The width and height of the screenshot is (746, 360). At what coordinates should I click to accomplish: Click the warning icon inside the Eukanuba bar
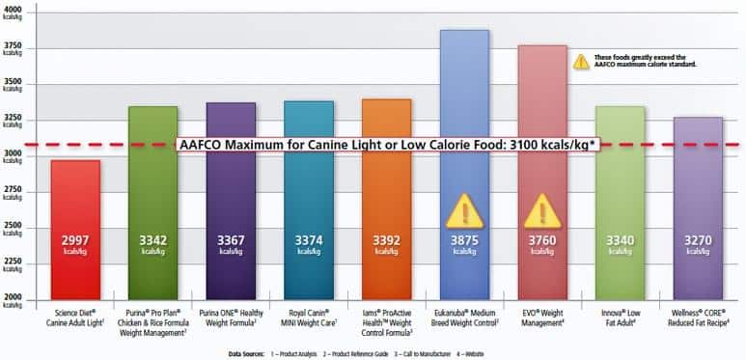tap(464, 210)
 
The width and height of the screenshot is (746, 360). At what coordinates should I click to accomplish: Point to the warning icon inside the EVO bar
tap(541, 210)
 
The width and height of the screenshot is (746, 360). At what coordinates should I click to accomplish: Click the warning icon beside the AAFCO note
tap(581, 60)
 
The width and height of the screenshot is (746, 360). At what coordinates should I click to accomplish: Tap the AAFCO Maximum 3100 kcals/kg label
tap(386, 145)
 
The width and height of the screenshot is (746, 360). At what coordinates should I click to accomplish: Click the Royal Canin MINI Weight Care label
tap(309, 318)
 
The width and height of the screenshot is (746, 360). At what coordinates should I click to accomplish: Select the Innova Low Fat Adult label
tap(620, 318)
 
